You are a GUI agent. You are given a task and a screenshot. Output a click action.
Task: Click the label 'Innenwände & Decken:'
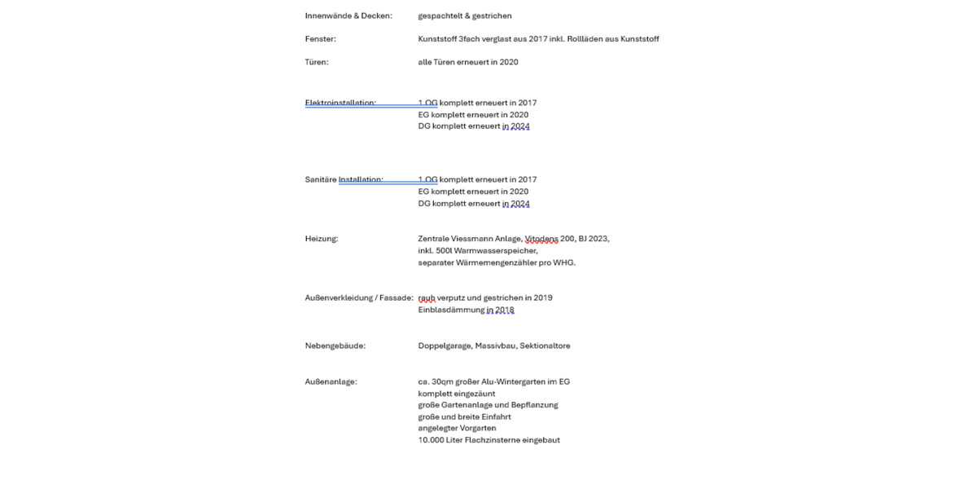coord(348,16)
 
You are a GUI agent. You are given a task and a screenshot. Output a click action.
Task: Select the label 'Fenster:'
coord(320,39)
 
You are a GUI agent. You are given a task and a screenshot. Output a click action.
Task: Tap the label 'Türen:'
coord(317,62)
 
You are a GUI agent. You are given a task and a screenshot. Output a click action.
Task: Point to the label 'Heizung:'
coord(321,239)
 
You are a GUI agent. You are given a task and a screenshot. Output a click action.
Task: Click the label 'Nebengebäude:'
coord(335,346)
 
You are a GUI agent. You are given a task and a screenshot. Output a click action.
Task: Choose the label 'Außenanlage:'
coord(331,381)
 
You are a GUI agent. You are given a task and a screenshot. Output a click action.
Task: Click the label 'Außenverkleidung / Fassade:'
coord(359,298)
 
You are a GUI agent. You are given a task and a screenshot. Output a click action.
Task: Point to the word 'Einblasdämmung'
coord(451,310)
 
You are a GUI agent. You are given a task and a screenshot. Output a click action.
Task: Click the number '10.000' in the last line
coord(432,440)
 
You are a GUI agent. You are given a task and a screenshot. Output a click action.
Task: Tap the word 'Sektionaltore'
coord(545,346)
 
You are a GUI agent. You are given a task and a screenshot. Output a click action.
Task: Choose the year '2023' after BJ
coord(598,239)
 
